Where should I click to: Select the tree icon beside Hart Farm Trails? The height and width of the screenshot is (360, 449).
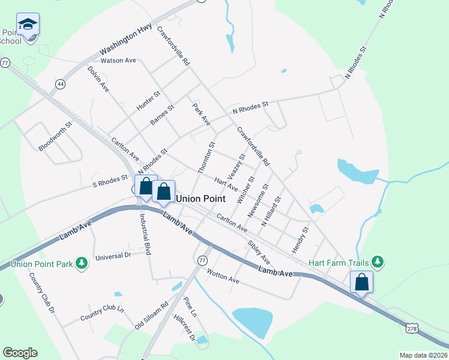click(x=377, y=262)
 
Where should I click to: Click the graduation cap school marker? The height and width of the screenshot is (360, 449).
click(x=28, y=24)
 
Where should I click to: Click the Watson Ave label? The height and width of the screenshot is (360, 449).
click(x=119, y=61)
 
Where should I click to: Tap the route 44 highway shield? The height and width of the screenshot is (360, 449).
click(x=60, y=84)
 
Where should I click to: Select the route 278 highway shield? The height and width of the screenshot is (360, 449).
click(x=411, y=328)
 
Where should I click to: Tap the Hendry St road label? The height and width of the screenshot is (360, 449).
click(x=301, y=239)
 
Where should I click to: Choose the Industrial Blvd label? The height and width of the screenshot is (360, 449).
click(x=144, y=234)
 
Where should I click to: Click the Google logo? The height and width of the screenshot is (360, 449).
click(x=20, y=353)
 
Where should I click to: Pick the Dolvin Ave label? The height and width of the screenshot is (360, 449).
click(x=98, y=79)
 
